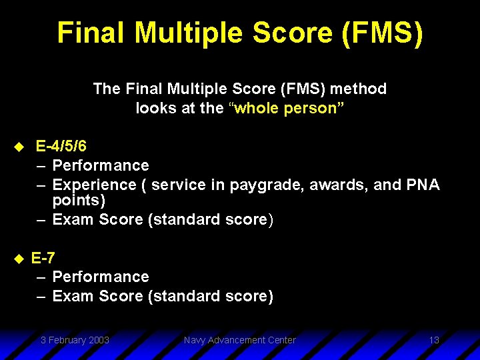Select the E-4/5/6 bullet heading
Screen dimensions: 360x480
point(61,146)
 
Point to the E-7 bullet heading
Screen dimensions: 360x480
point(43,257)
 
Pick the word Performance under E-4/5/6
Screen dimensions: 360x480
point(101,165)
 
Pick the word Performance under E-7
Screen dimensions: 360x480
point(101,277)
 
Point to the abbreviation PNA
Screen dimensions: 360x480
point(423,185)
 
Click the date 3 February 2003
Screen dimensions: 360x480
point(75,340)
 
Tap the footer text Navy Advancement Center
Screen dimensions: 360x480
point(239,340)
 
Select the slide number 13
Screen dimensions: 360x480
point(434,340)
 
